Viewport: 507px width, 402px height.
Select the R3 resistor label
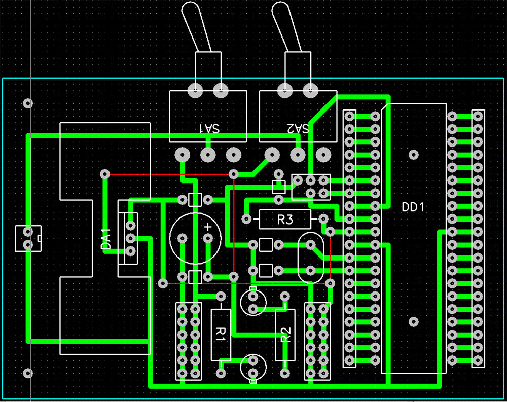pyautogui.click(x=285, y=220)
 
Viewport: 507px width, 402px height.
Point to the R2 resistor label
pyautogui.click(x=285, y=335)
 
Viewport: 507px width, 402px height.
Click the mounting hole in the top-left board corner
pyautogui.click(x=28, y=103)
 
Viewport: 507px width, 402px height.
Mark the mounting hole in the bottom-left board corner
pyautogui.click(x=28, y=373)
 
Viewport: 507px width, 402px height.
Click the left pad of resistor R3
pyautogui.click(x=246, y=219)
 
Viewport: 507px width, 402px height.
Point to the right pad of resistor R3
pyautogui.click(x=323, y=219)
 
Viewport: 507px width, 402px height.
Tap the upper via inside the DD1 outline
pyautogui.click(x=414, y=155)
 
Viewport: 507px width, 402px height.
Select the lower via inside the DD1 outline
pyautogui.click(x=414, y=321)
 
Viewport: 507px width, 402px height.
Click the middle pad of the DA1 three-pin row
pyautogui.click(x=130, y=238)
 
